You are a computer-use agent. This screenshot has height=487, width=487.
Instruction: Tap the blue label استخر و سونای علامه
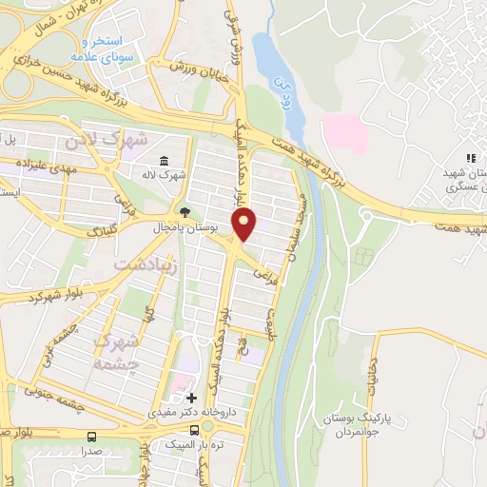[x=111, y=50]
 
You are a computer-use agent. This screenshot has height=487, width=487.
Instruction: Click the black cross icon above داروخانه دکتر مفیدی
[x=191, y=398]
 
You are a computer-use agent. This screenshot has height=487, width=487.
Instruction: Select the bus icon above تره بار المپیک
[x=196, y=430]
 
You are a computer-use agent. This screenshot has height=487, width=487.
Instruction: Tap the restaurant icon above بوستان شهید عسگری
[x=468, y=159]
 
